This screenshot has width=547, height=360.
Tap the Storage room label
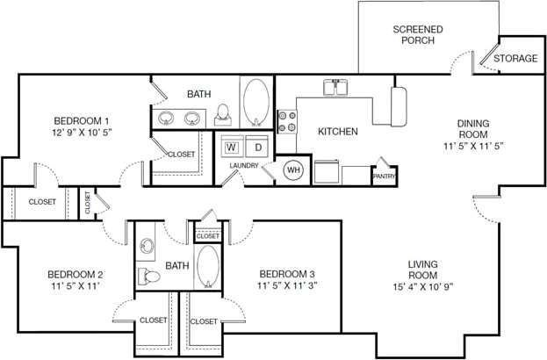pyautogui.click(x=515, y=59)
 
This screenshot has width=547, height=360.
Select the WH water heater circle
pyautogui.click(x=292, y=169)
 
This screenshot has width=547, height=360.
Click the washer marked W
pyautogui.click(x=231, y=147)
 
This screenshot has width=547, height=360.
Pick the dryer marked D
pyautogui.click(x=257, y=147)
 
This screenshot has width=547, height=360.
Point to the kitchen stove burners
pyautogui.click(x=287, y=121)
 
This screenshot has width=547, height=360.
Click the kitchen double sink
pyautogui.click(x=337, y=88)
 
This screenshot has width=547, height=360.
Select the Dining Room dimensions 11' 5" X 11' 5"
pyautogui.click(x=472, y=145)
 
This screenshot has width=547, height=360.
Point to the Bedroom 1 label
pyautogui.click(x=82, y=120)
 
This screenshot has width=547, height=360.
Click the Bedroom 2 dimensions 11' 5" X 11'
pyautogui.click(x=76, y=285)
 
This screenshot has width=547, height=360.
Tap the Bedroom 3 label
pyautogui.click(x=286, y=274)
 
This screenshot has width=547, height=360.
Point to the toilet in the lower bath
pyautogui.click(x=150, y=277)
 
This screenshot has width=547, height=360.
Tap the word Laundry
pyautogui.click(x=244, y=166)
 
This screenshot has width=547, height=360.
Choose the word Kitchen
pyautogui.click(x=337, y=132)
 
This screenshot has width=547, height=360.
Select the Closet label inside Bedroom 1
pyautogui.click(x=181, y=155)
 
